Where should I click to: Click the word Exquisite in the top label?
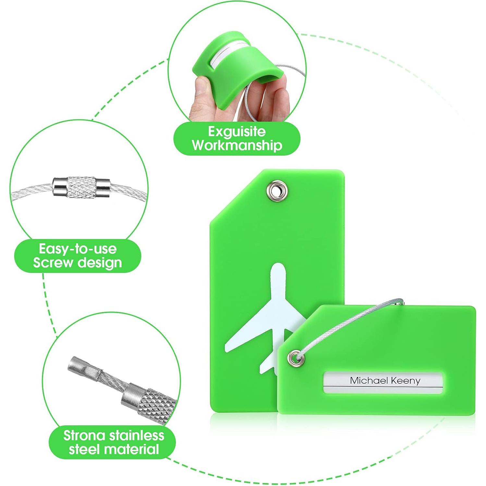click(237, 131)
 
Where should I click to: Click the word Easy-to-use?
click(78, 249)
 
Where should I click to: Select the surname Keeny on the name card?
click(404, 381)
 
